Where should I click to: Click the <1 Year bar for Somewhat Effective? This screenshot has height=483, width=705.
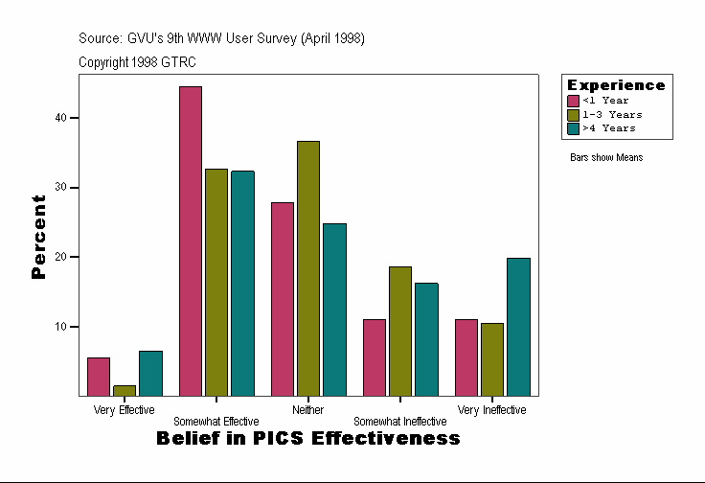191,241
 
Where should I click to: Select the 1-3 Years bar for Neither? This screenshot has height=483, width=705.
308,268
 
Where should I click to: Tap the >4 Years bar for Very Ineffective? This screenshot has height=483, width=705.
518,327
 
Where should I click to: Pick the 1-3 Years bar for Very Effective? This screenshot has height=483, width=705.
125,390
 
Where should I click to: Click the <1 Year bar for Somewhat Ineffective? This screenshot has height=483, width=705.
375,357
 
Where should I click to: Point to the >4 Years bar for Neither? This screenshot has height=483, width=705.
334,310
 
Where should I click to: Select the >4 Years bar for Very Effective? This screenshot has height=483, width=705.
150,373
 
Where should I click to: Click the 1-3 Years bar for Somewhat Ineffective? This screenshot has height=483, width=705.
400,331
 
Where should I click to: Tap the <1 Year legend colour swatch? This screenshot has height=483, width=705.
573,101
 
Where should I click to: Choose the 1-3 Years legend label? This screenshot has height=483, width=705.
612,114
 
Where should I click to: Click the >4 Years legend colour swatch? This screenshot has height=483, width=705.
573,127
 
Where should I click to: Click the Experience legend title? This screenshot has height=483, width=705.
616,85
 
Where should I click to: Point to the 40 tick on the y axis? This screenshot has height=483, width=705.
74,118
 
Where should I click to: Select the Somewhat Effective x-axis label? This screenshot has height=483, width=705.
216,422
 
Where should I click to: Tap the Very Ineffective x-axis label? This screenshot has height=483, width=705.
491,410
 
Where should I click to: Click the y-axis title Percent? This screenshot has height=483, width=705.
38,237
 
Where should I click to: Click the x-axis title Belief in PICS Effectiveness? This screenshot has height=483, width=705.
307,439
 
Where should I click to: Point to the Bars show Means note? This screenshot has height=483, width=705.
606,157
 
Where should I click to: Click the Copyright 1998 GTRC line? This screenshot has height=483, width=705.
138,61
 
